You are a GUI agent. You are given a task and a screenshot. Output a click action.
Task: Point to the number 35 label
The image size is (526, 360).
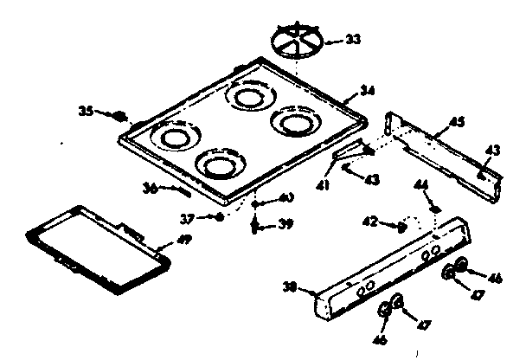[86, 111]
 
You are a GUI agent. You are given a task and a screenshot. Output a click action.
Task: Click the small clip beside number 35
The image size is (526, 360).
[121, 112]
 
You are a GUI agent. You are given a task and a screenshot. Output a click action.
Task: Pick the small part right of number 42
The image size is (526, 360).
[401, 226]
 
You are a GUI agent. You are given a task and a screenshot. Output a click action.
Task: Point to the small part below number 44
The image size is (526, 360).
[436, 209]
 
